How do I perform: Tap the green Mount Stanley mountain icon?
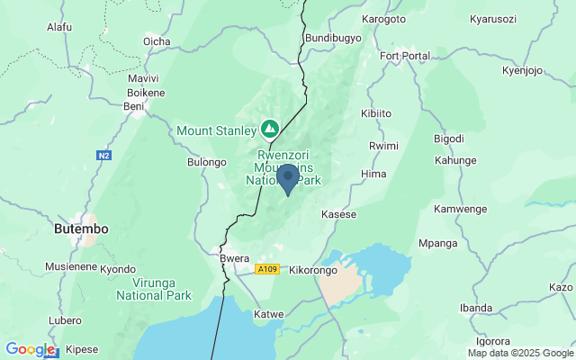[268, 130]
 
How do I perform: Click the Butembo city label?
[81, 229]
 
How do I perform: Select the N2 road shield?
[104, 156]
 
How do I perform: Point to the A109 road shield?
[266, 269]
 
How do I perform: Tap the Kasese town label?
[339, 215]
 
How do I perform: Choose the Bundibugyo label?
[333, 38]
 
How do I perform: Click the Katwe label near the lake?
[269, 314]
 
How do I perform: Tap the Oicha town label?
[157, 40]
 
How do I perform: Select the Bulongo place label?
[206, 162]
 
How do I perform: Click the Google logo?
[31, 349]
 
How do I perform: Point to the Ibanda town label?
[475, 307]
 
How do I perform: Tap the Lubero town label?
[65, 319]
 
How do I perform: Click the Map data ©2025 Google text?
[520, 353]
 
